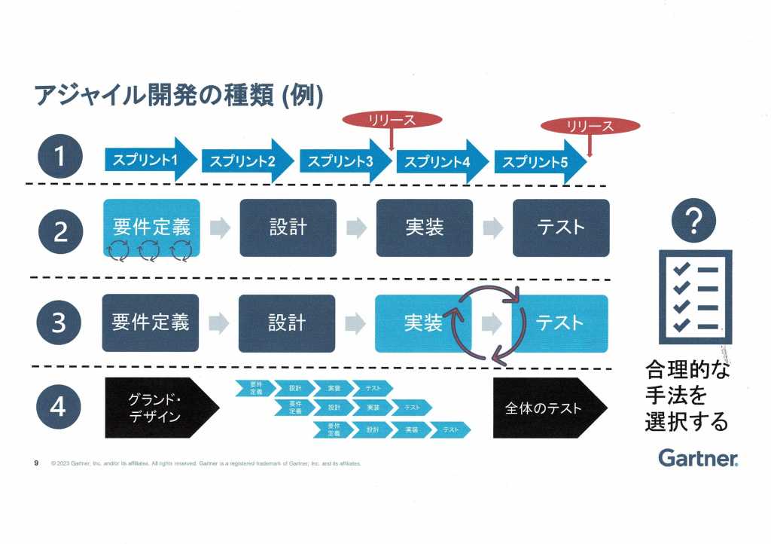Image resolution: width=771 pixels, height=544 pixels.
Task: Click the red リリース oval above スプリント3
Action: coord(392,119)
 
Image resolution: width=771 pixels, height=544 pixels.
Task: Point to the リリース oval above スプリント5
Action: coord(590,126)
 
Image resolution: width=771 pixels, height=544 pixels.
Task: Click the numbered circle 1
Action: coord(59,158)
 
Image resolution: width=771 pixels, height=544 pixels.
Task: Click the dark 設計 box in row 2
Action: coord(288,228)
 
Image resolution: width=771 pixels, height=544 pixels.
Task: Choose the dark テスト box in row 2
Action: coord(561,228)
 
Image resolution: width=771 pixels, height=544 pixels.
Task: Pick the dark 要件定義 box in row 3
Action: coord(151,322)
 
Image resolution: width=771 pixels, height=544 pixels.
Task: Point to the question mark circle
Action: coord(693,220)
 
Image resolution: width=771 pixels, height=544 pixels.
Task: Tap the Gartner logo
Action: coord(698,457)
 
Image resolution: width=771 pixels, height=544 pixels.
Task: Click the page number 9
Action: coord(36,463)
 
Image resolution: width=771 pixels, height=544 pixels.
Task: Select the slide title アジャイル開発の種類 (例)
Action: coord(179,96)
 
